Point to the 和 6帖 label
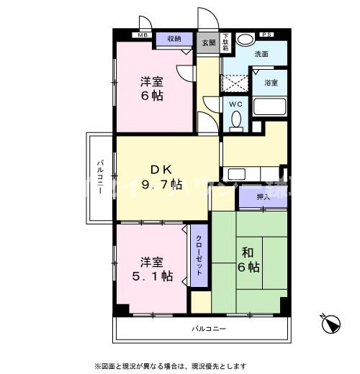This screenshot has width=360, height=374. click(248, 260)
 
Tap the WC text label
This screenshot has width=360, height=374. click(235, 104)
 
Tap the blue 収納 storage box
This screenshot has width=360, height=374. click(174, 39)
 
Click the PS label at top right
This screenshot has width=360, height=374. click(267, 34)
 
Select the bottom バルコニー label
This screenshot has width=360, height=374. click(209, 328)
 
